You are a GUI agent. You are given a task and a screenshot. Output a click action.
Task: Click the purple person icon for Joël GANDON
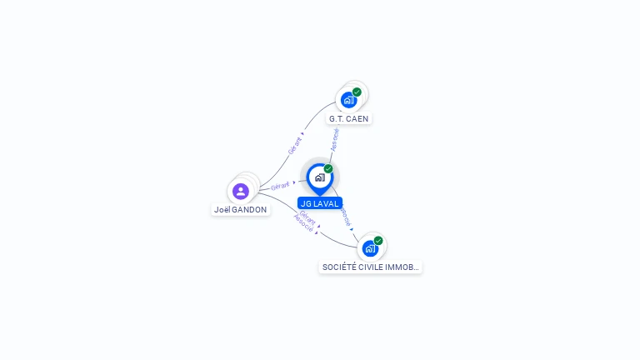pos(241,192)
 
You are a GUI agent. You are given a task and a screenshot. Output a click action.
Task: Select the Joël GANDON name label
pos(241,210)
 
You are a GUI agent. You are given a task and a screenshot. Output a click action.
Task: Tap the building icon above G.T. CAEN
pos(348,100)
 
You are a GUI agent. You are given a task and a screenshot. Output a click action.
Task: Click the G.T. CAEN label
pos(348,119)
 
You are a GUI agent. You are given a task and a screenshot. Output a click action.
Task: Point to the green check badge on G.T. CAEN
pos(357,92)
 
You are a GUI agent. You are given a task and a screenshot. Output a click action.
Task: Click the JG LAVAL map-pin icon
pos(319,177)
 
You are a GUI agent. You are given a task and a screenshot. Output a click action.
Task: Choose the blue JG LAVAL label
pos(320,203)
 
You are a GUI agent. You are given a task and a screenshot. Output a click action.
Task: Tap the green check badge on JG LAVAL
pos(328,168)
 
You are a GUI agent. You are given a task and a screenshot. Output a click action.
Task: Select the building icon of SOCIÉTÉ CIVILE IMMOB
pos(370,248)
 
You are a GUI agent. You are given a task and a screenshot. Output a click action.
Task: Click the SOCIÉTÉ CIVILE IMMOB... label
pos(370,267)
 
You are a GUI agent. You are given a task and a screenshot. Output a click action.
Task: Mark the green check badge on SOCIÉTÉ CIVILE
pos(378,240)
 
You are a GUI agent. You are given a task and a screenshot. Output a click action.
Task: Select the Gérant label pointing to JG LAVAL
pos(280,187)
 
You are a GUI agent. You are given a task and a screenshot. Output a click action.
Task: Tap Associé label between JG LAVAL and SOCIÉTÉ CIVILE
pos(346,216)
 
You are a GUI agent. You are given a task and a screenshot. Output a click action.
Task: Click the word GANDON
pos(250,210)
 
